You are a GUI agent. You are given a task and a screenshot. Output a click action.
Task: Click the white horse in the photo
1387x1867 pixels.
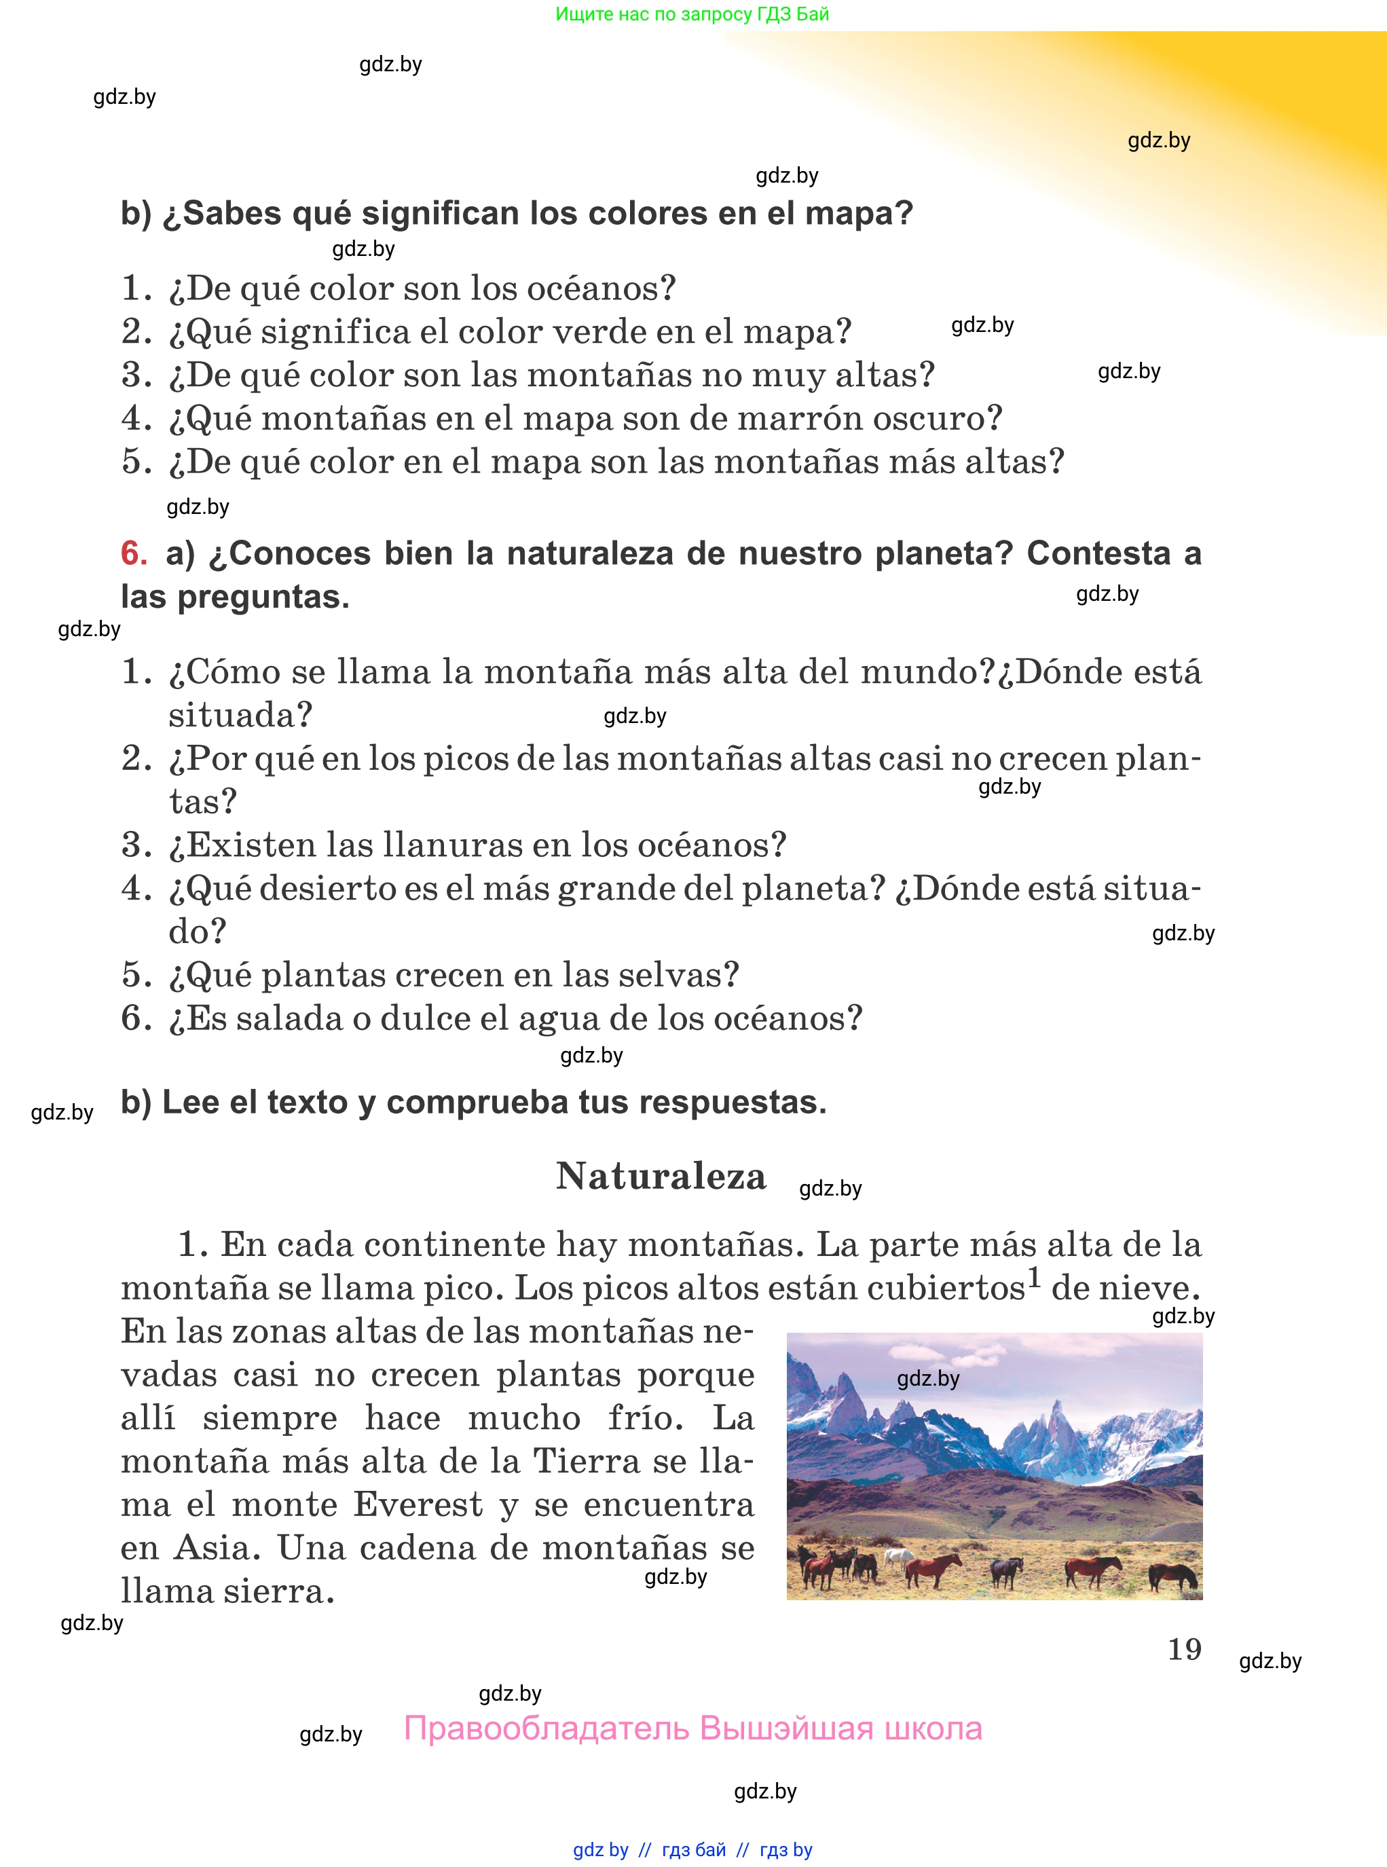point(898,1559)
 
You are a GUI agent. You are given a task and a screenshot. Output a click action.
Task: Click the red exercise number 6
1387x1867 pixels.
point(134,554)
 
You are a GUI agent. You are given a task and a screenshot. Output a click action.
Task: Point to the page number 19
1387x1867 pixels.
point(1184,1649)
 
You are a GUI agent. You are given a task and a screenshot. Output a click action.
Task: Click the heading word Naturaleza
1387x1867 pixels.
point(661,1176)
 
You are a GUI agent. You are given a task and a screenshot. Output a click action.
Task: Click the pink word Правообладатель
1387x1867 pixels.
point(546,1729)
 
